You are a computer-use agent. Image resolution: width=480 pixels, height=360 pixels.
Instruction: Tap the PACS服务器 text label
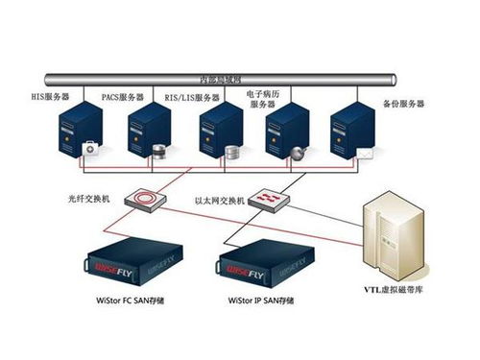124,97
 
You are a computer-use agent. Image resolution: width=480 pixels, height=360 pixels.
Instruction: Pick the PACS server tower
146,135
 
